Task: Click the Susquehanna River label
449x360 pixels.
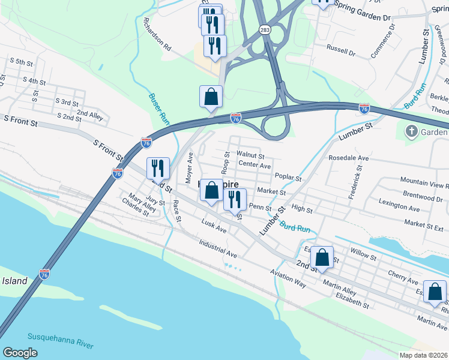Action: coord(60,340)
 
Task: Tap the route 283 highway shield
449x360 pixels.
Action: coord(265,29)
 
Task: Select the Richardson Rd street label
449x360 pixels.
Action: coord(157,34)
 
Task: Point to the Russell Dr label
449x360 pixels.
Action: coord(341,46)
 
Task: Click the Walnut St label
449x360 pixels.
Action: coord(250,155)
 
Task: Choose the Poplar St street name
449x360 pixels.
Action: coord(288,177)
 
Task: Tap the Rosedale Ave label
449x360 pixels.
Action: coord(348,158)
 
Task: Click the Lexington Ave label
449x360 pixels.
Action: coord(399,208)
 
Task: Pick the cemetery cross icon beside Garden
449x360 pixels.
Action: coord(411,131)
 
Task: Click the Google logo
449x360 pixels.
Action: coord(20,352)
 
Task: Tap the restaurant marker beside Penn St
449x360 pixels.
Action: coord(235,199)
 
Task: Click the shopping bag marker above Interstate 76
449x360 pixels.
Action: coord(211,97)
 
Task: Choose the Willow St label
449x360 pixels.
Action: coord(364,256)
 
